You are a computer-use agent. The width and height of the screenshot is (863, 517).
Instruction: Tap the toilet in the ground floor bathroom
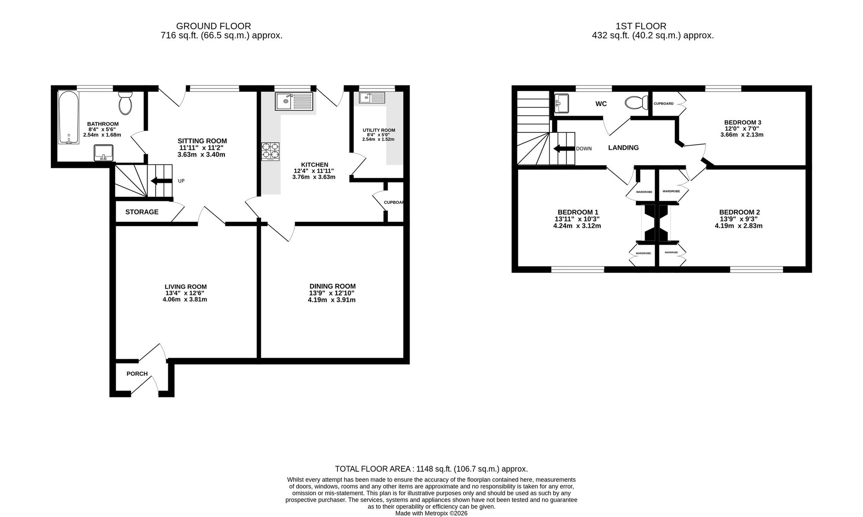(126, 102)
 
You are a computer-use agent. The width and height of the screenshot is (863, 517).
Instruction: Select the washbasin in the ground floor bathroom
(104, 153)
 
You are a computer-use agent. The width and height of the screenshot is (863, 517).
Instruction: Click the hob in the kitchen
(270, 152)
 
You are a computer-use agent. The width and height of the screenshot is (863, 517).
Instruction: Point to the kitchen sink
(293, 101)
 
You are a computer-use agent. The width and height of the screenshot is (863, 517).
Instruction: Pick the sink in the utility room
(372, 98)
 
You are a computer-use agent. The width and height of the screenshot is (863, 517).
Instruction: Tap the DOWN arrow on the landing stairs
(564, 149)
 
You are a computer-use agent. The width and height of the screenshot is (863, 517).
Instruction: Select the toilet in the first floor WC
(636, 103)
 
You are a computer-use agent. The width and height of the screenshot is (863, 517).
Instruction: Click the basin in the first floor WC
(561, 104)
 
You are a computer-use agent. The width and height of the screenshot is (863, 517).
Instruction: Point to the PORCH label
(137, 374)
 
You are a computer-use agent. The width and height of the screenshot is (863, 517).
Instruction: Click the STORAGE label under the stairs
(142, 212)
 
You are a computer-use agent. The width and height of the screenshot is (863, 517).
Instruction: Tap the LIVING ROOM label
(186, 287)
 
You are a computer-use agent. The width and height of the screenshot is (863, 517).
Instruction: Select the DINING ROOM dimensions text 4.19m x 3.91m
(332, 300)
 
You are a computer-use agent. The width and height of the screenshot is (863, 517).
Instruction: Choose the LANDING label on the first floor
(624, 148)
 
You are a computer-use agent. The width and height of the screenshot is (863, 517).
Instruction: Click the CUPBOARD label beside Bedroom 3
(664, 104)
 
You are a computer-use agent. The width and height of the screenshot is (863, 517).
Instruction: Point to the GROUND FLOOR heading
(214, 26)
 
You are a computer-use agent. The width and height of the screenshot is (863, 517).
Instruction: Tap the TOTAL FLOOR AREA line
(431, 469)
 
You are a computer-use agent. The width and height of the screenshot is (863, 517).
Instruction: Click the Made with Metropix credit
(431, 514)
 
